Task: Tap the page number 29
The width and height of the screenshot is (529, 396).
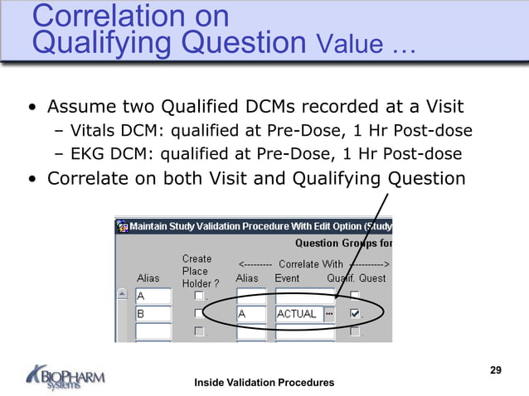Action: point(496,369)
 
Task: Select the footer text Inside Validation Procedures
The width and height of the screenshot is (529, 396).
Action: point(264,383)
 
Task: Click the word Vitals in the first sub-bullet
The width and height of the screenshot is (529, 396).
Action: point(94,130)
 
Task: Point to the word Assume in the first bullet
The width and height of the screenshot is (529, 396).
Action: point(84,106)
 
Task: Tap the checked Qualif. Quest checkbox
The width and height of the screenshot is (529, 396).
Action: point(355,314)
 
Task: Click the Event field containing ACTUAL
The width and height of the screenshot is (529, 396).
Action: point(296,314)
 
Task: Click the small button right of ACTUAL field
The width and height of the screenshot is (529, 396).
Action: point(329,314)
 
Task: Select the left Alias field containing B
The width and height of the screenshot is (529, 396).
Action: point(153,314)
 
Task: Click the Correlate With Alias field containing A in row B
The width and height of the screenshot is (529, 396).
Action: point(252,314)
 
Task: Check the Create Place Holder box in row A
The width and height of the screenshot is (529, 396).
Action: point(197,295)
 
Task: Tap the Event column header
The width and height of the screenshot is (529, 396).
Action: point(287,278)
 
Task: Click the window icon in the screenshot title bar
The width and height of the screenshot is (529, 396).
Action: point(122,226)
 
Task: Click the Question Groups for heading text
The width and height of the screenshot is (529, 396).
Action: point(342,244)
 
